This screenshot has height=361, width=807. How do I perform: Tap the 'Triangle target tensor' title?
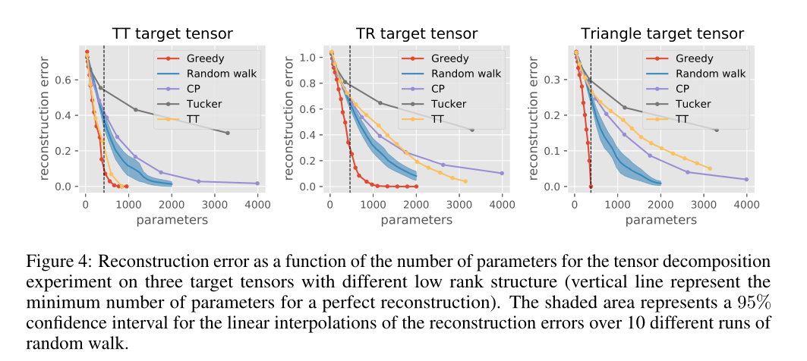[x=662, y=33]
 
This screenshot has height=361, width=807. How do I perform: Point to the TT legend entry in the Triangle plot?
[x=681, y=119]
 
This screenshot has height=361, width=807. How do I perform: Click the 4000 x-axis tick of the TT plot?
[x=258, y=204]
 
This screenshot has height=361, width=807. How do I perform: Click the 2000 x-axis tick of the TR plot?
[x=416, y=204]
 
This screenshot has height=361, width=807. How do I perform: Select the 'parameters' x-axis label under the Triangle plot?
[x=661, y=220]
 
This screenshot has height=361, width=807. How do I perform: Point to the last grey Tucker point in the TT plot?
[x=228, y=133]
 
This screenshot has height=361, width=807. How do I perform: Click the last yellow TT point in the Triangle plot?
[x=710, y=168]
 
